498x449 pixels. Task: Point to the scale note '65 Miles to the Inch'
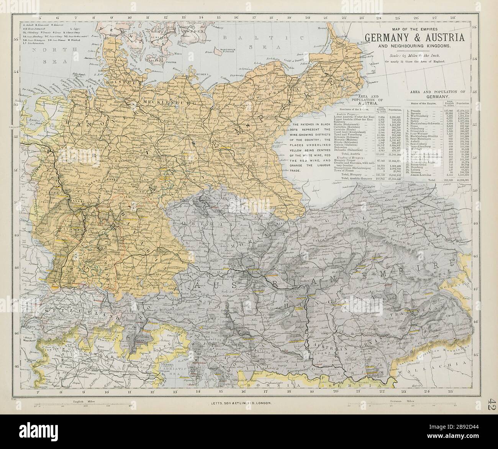coord(421,56)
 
